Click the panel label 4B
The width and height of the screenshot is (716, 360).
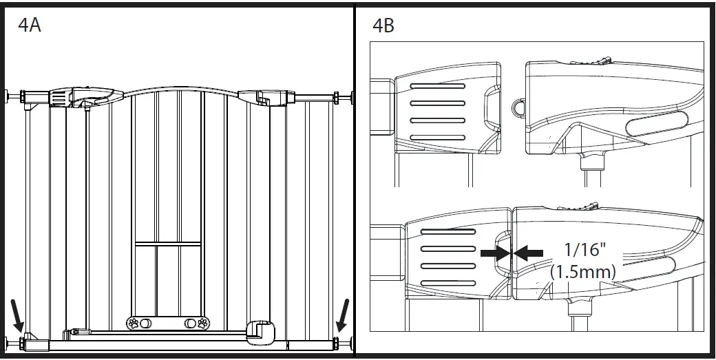pyautogui.click(x=383, y=26)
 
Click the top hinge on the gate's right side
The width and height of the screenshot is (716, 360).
pyautogui.click(x=262, y=98)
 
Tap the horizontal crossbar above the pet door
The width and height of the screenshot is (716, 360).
pyautogui.click(x=167, y=243)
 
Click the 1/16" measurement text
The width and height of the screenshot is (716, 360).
pyautogui.click(x=583, y=249)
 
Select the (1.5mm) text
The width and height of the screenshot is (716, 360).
pyautogui.click(x=583, y=273)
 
